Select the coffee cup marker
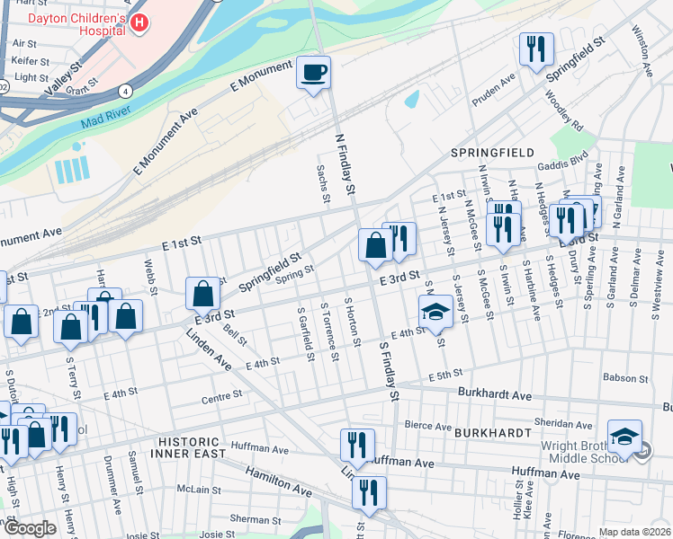click(313, 72)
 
